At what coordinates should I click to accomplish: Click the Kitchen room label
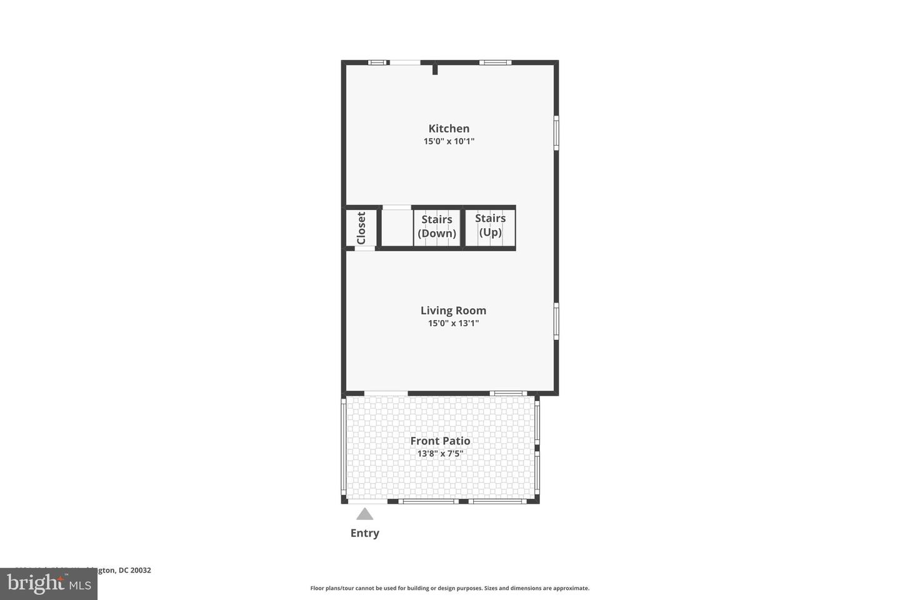[449, 129]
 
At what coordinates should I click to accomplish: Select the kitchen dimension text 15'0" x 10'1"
[449, 141]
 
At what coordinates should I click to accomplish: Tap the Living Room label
[453, 311]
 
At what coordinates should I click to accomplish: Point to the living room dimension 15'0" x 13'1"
[453, 323]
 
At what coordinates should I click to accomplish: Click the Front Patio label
[440, 441]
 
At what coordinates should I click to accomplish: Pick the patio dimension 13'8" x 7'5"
[440, 453]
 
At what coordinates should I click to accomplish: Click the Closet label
[361, 227]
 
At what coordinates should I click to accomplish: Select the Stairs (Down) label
[437, 226]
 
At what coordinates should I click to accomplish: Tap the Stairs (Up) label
[490, 225]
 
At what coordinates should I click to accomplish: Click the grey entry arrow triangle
[365, 514]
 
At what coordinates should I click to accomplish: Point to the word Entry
[365, 533]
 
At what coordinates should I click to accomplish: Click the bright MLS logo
[48, 584]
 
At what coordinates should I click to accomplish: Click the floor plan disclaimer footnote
[450, 588]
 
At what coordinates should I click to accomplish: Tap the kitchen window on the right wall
[556, 132]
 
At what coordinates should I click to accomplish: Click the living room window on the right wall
[556, 321]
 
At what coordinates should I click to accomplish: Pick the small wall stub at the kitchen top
[435, 69]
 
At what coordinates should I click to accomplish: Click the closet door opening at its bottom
[365, 249]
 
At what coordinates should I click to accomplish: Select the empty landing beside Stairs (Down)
[396, 227]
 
